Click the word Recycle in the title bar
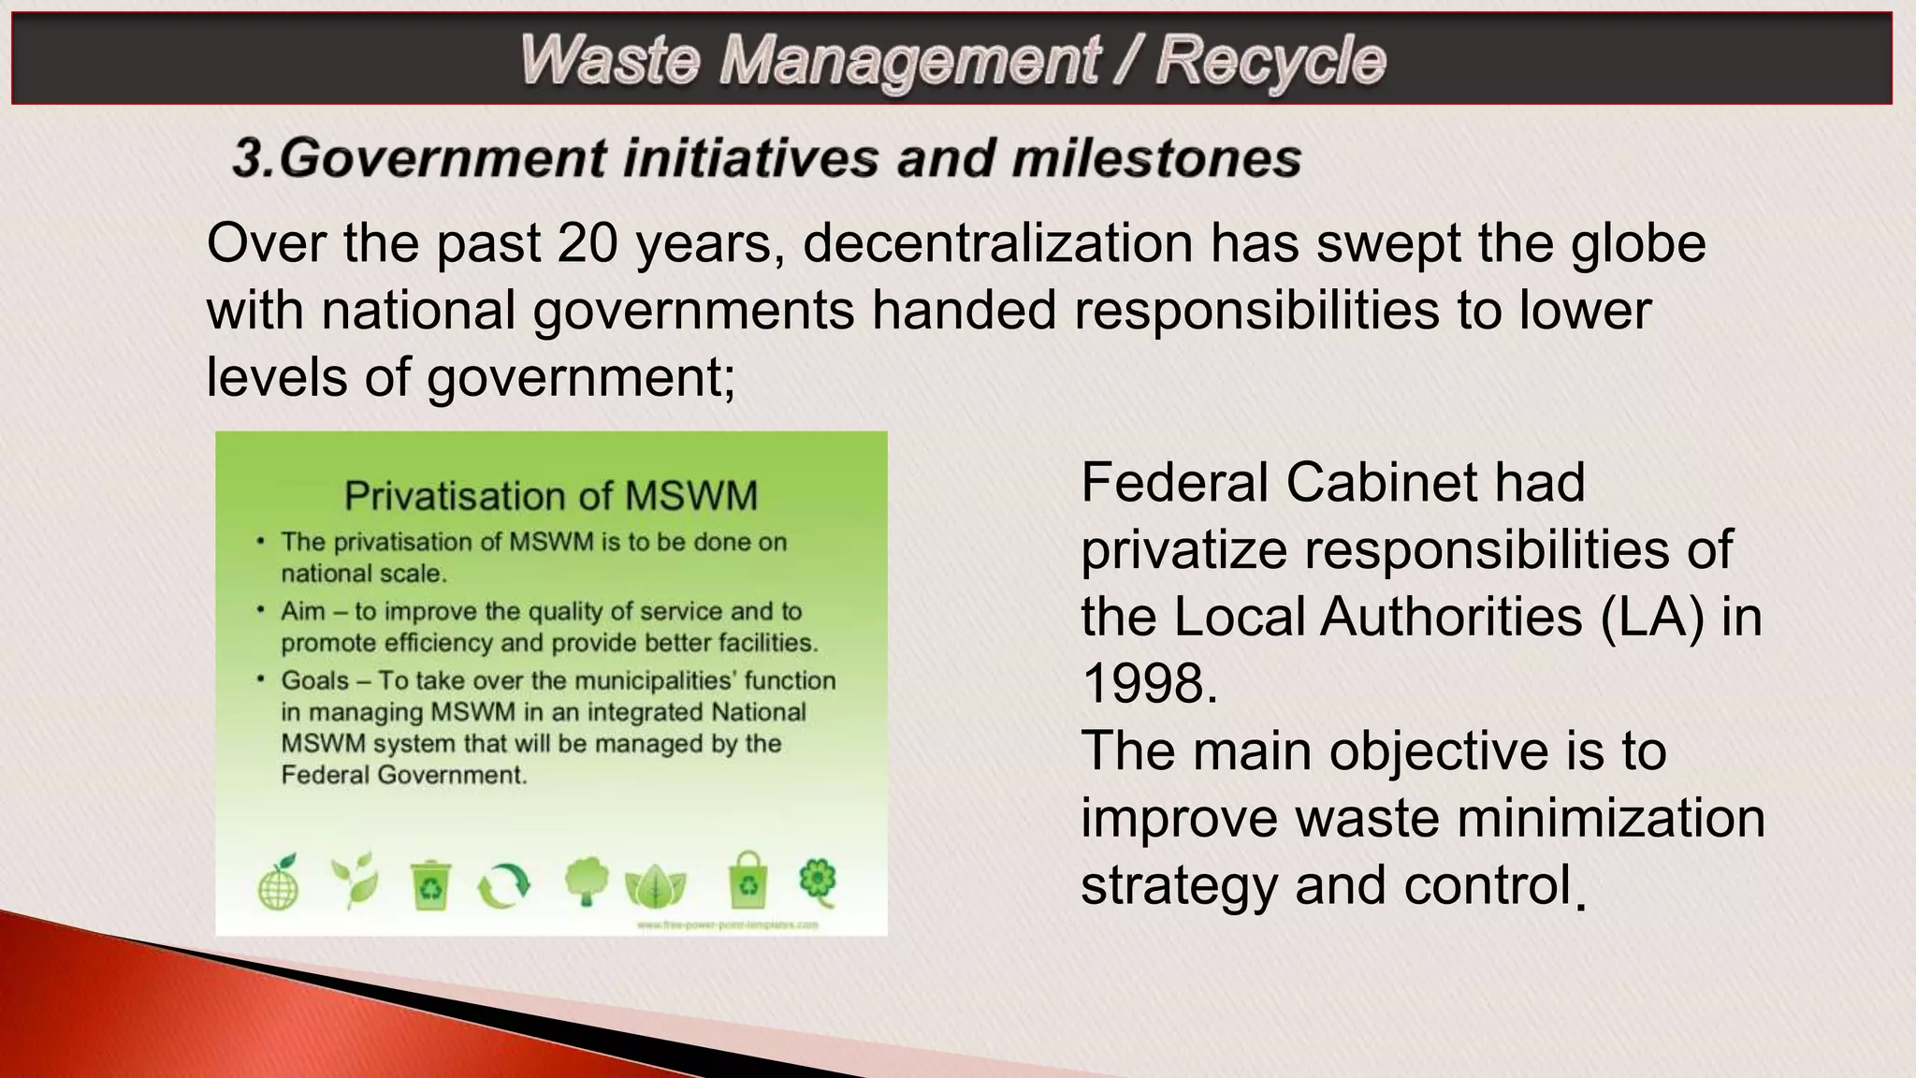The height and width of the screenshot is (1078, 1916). tap(1270, 60)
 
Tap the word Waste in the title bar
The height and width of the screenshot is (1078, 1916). tap(609, 60)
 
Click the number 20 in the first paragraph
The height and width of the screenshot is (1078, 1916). tap(588, 242)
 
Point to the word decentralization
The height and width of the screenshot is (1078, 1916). tap(997, 242)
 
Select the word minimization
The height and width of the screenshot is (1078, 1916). tap(1610, 818)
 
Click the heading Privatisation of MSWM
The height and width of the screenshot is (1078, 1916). tap(551, 496)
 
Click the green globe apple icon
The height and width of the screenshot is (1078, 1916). tap(278, 882)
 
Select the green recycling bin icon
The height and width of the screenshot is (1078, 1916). tap(430, 885)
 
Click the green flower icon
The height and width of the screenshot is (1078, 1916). tap(819, 880)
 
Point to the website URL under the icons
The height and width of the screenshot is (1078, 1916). tap(727, 925)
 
